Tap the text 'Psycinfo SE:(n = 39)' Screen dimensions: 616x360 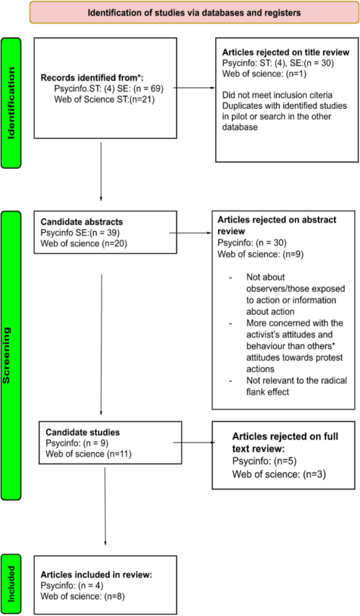coord(77,231)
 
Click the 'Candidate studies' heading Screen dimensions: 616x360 coord(83,432)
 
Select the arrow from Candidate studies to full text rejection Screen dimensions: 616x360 coord(192,443)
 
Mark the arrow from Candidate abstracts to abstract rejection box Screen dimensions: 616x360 coord(190,231)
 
